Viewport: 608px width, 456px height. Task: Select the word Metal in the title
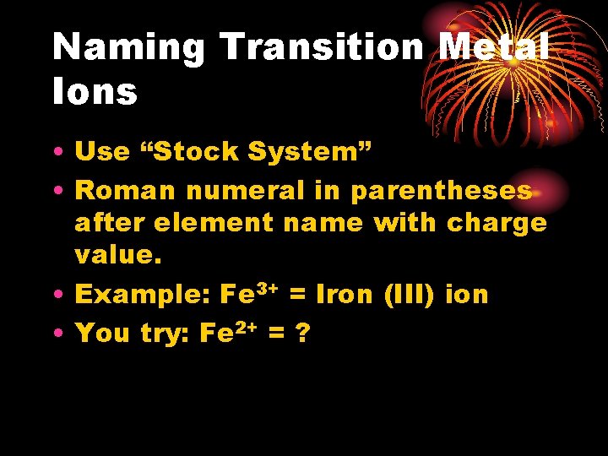tap(494, 47)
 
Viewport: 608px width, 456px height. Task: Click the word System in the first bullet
tap(308, 152)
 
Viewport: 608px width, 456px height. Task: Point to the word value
tap(117, 256)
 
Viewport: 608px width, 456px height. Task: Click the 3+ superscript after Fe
tap(268, 290)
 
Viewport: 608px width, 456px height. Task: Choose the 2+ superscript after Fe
tap(247, 328)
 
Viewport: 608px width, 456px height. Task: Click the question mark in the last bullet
tap(303, 334)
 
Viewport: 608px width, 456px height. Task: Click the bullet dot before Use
tap(62, 153)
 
